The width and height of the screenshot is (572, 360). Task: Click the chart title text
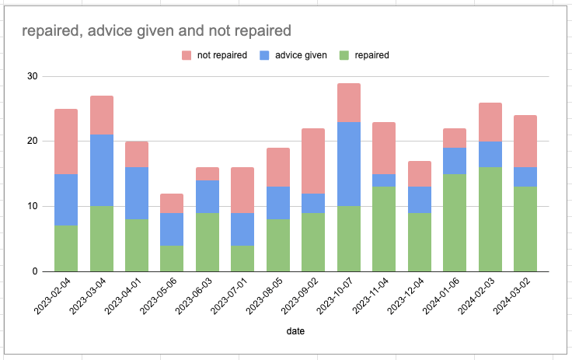click(156, 31)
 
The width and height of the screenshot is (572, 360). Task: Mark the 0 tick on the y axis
click(34, 271)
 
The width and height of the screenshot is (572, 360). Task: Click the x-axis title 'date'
click(295, 330)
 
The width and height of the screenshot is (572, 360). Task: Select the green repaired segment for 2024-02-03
click(490, 219)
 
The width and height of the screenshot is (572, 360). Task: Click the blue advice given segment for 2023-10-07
click(349, 164)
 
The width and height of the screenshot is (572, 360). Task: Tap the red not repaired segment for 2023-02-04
click(66, 142)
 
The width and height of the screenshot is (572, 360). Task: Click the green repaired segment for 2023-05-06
click(172, 258)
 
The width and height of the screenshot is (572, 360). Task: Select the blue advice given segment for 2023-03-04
click(102, 170)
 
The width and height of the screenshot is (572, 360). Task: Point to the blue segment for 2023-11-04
click(385, 180)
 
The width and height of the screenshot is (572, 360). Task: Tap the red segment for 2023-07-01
click(242, 190)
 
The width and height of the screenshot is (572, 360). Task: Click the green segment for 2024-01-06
click(455, 222)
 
